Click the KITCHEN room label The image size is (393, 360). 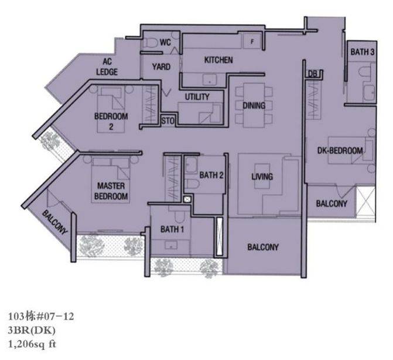(x=218, y=60)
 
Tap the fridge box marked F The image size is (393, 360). (x=252, y=42)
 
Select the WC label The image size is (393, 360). (x=165, y=42)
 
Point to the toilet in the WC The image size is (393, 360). (x=150, y=42)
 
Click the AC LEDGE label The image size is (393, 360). (x=107, y=67)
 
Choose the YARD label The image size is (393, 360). (x=161, y=67)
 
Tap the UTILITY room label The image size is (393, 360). (x=197, y=97)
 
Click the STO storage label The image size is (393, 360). (x=168, y=121)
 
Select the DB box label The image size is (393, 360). (x=312, y=74)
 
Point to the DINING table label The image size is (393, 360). (x=254, y=106)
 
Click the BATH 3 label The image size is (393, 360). (x=362, y=52)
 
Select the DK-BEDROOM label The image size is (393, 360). (x=340, y=151)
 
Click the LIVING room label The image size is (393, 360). (x=262, y=176)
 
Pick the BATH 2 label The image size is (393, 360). (x=211, y=175)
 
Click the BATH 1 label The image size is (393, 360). (x=172, y=229)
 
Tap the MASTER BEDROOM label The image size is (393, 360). (x=111, y=191)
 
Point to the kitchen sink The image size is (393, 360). (x=210, y=80)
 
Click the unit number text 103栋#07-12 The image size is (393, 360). (x=41, y=317)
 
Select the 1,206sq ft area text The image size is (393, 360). (x=32, y=344)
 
